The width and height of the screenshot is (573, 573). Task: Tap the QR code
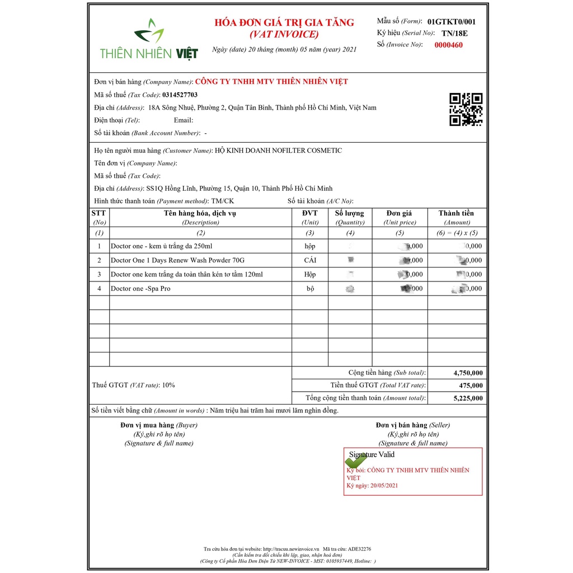click(x=466, y=109)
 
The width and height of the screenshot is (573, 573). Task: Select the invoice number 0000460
click(x=448, y=45)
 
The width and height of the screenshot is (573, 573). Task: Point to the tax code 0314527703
click(x=180, y=95)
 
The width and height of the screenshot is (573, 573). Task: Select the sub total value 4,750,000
click(x=468, y=373)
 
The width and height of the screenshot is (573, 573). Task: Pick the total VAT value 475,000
click(x=471, y=386)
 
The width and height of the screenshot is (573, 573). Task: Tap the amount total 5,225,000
click(x=468, y=398)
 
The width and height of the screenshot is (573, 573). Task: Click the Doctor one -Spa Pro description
click(x=140, y=289)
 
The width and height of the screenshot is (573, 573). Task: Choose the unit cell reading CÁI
click(x=310, y=260)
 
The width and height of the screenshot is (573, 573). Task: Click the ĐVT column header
click(x=309, y=213)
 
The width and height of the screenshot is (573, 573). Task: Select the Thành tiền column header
click(x=456, y=213)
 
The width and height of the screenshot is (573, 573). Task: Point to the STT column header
click(x=98, y=213)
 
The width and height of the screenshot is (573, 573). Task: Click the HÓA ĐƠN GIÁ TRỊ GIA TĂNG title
click(x=284, y=23)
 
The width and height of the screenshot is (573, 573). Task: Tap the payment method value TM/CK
click(x=223, y=201)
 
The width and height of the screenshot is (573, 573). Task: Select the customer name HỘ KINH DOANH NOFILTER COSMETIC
click(x=278, y=151)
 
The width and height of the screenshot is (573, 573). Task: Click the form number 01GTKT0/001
click(x=451, y=22)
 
